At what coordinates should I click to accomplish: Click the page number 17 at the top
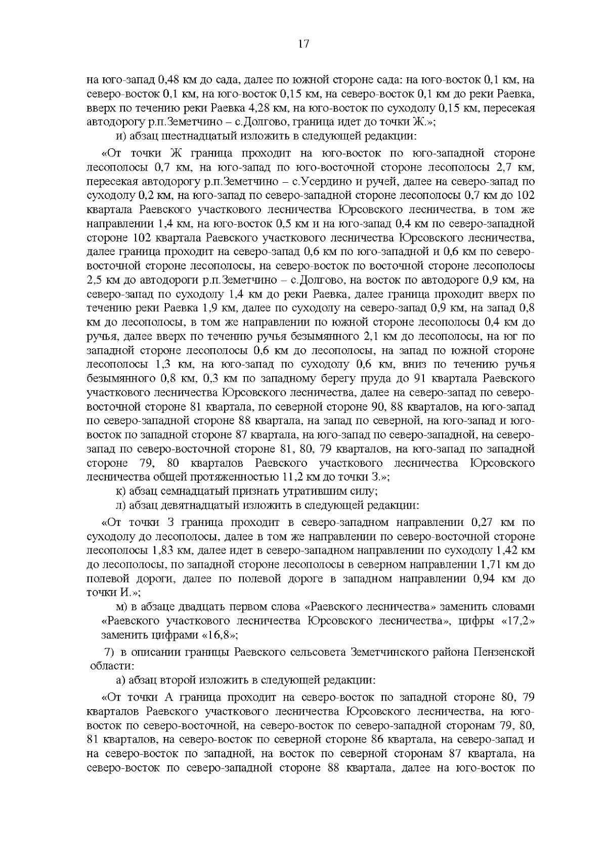(303, 44)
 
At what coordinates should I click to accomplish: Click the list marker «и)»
(120, 136)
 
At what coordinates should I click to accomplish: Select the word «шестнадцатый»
(187, 136)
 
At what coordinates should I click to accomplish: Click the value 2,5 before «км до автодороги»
(95, 280)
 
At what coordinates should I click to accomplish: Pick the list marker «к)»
(120, 491)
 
